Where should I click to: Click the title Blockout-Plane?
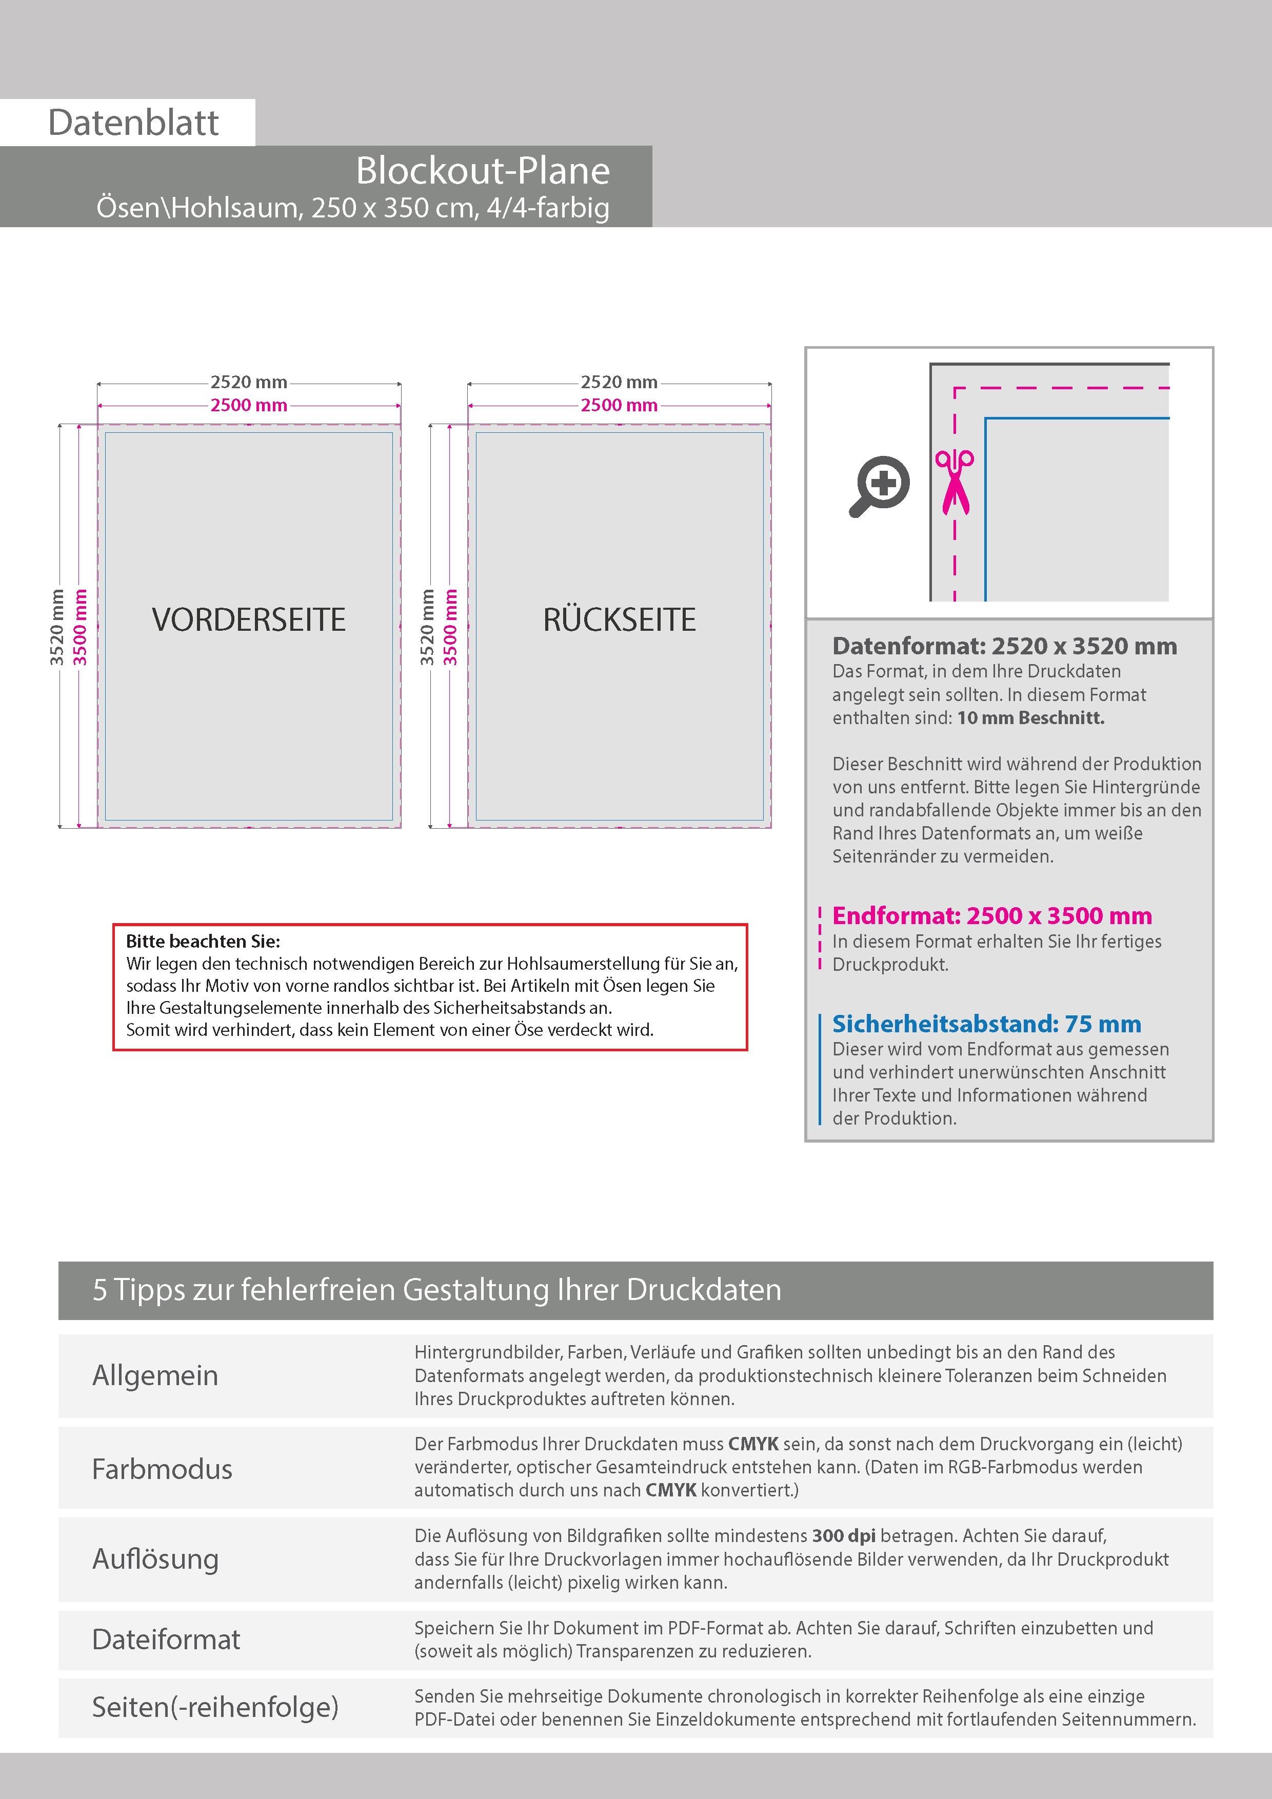coord(482,171)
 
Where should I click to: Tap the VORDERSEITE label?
coord(248,620)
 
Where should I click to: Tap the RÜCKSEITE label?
coord(619,620)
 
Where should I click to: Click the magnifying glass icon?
coord(879,486)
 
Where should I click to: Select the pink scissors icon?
coord(954,482)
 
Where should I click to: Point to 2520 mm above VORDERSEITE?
coord(248,383)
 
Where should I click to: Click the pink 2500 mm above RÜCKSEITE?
coord(619,405)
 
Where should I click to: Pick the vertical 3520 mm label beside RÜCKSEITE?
coord(427,627)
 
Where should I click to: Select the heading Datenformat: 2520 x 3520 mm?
coord(1004,646)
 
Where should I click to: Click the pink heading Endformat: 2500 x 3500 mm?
coord(991,915)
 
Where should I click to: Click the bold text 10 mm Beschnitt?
coord(1030,718)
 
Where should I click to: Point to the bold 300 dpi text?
coord(843,1536)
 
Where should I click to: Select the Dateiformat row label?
coord(166,1639)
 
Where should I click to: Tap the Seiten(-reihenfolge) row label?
coord(215,1707)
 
